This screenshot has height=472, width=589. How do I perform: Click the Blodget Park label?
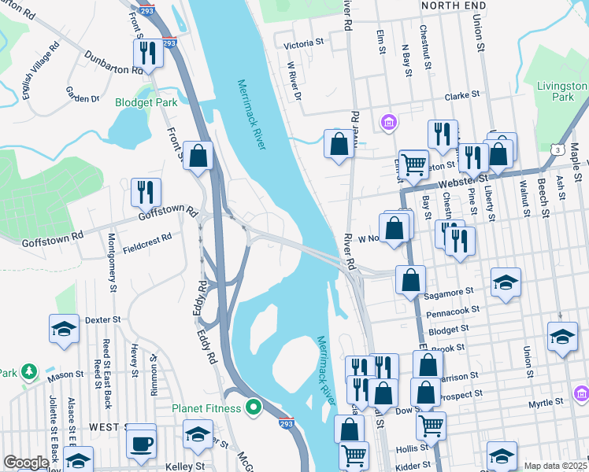pyautogui.click(x=146, y=101)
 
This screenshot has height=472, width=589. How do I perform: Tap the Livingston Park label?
pyautogui.click(x=562, y=91)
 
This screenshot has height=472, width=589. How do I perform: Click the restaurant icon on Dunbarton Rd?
pyautogui.click(x=147, y=53)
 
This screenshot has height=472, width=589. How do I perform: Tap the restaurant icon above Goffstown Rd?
pyautogui.click(x=146, y=192)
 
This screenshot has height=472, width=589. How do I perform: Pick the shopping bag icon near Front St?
pyautogui.click(x=198, y=155)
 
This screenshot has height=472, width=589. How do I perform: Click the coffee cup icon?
pyautogui.click(x=142, y=442)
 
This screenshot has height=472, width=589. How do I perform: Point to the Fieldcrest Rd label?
pyautogui.click(x=146, y=242)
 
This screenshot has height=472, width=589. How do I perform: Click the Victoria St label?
pyautogui.click(x=306, y=44)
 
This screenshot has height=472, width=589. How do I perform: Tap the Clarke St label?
pyautogui.click(x=462, y=95)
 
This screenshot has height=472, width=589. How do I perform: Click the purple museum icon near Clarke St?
pyautogui.click(x=388, y=123)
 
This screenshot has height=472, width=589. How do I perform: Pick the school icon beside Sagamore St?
pyautogui.click(x=505, y=282)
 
